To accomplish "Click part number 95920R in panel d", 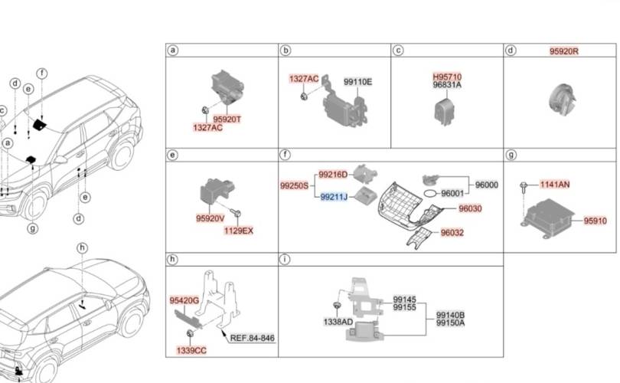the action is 564,51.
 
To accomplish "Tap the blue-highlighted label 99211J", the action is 334,197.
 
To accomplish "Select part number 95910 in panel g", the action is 595,221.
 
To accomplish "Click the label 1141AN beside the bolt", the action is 555,185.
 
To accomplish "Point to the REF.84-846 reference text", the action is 253,338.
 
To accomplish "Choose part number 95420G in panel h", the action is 184,301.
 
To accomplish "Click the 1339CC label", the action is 191,351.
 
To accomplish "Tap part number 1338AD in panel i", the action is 338,322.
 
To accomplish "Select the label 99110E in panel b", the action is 358,82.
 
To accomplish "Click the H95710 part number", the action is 447,77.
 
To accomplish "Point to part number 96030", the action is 470,208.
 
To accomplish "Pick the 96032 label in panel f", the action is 452,233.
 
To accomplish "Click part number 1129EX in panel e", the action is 238,231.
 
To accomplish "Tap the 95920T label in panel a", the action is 227,119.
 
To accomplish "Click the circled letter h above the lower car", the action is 82,248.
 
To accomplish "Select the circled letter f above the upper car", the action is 42,74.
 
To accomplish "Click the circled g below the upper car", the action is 33,228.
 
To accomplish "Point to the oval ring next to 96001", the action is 431,193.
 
